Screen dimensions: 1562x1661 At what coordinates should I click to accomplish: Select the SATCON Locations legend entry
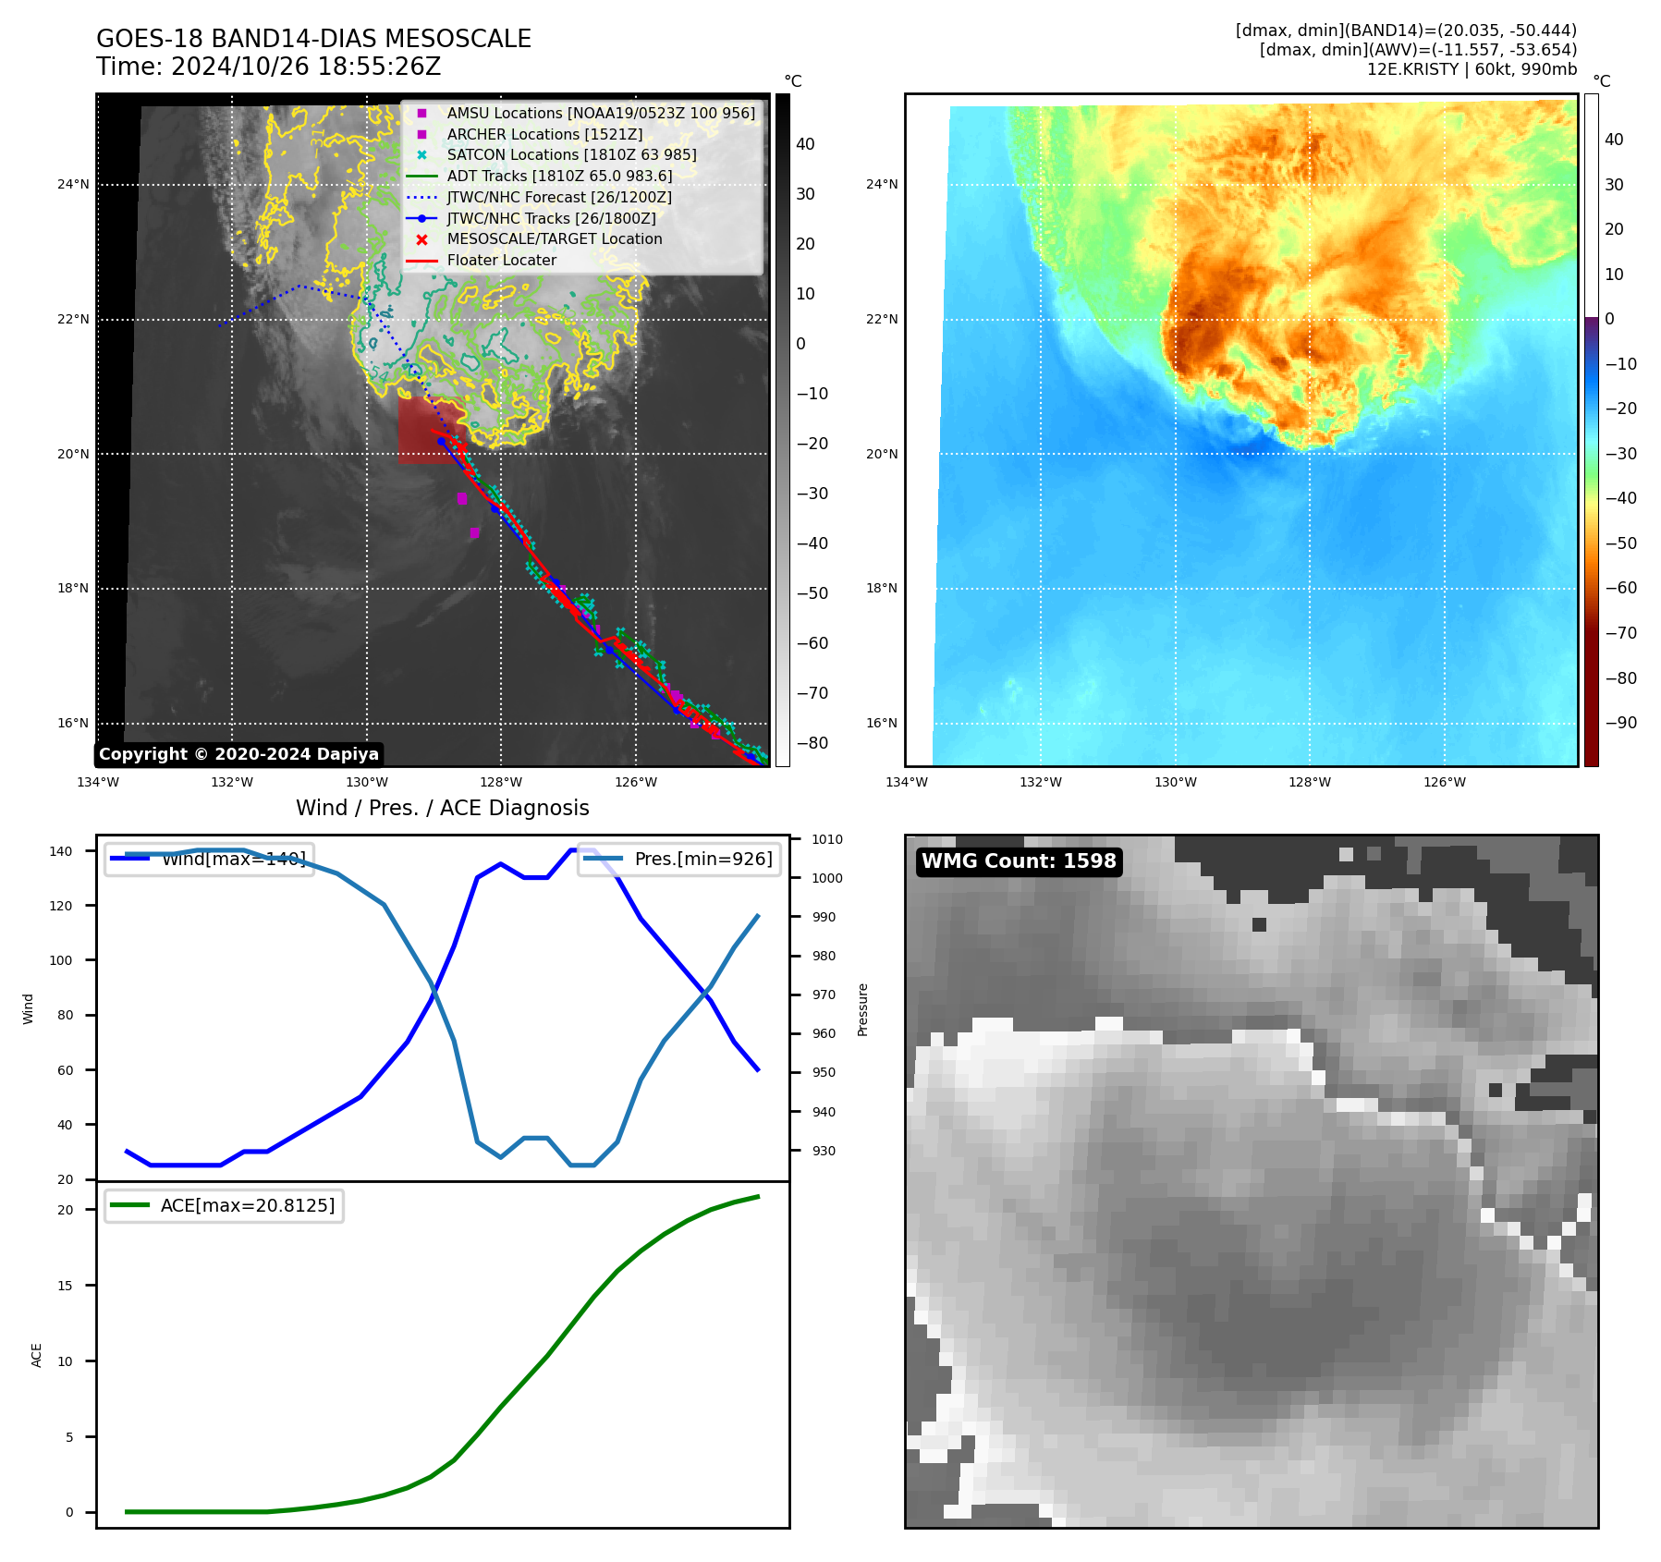click(571, 155)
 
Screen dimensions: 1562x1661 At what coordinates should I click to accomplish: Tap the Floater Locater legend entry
click(501, 261)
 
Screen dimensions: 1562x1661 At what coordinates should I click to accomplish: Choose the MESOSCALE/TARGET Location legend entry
click(554, 239)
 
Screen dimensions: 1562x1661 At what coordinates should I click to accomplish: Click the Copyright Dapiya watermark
click(238, 754)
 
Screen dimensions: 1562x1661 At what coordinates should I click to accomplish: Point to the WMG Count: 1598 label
click(1019, 861)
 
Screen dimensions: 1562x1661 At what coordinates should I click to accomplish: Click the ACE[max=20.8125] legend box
click(225, 1206)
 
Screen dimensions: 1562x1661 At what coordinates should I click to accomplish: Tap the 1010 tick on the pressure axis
click(827, 840)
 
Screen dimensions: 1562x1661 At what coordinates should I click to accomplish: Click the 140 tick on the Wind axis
click(60, 851)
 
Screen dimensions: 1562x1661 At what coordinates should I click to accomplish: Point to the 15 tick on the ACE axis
click(65, 1286)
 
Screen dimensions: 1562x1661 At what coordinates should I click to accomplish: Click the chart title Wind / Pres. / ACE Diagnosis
click(442, 808)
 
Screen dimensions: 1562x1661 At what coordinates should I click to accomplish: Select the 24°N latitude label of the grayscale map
click(73, 185)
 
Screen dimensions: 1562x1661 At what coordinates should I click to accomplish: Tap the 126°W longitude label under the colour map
click(1444, 783)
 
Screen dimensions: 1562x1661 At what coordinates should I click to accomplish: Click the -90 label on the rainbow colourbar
click(1620, 723)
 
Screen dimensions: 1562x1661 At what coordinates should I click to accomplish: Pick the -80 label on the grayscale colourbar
click(812, 743)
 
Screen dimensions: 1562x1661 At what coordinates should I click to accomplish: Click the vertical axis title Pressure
click(862, 1009)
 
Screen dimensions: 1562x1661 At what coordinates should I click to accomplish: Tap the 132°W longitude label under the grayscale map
click(231, 783)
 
